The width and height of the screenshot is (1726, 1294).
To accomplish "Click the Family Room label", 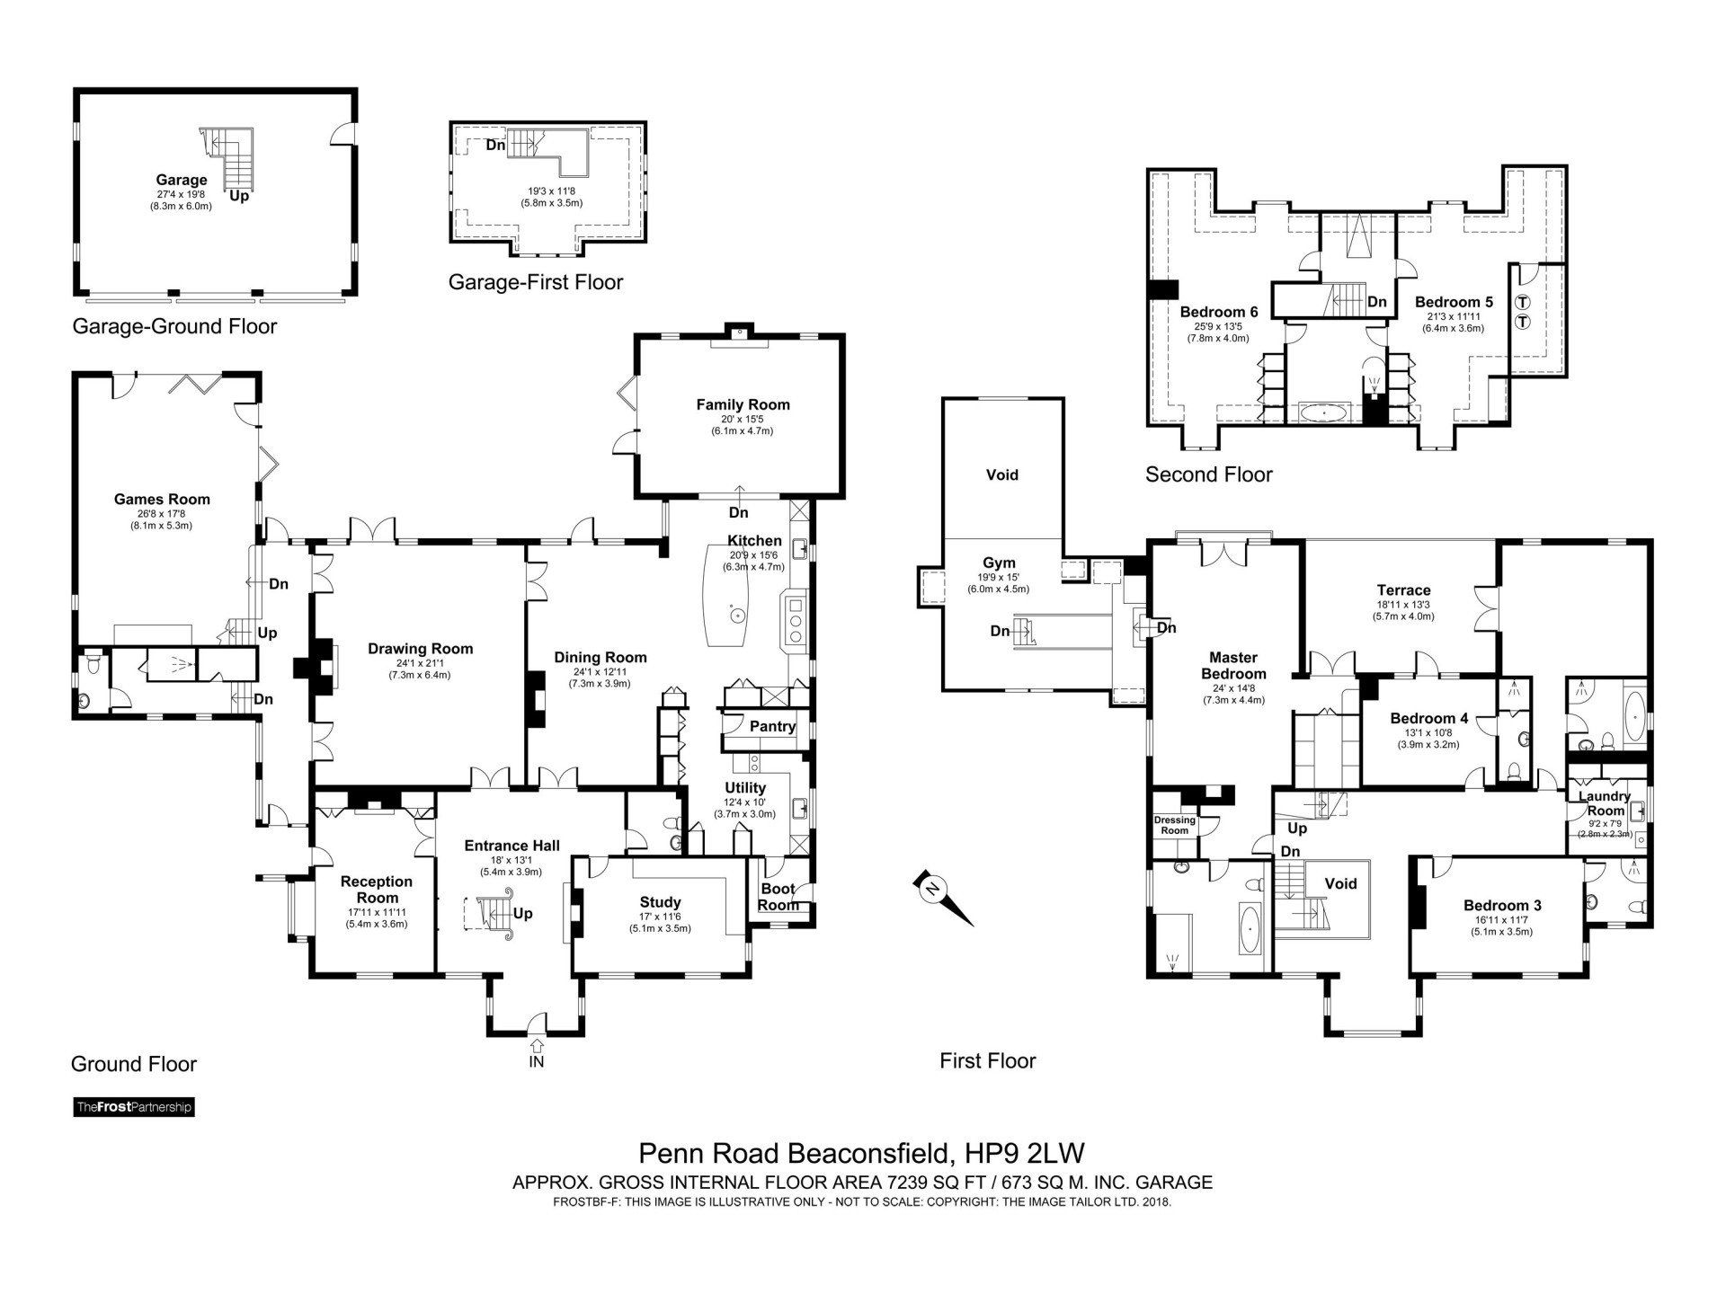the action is click(x=743, y=404).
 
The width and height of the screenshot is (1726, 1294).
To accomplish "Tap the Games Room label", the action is click(x=162, y=500).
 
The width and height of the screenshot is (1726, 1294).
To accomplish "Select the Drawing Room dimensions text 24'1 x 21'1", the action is click(x=420, y=663).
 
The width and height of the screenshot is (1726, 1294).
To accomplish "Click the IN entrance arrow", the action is click(x=537, y=1046).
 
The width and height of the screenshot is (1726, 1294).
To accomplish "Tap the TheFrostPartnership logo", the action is click(x=134, y=1107).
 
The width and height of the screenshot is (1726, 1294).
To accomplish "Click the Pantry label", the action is click(x=772, y=726).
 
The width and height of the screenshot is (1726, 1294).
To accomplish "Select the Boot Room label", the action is click(x=778, y=897).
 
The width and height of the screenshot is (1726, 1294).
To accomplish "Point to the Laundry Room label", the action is click(x=1605, y=803).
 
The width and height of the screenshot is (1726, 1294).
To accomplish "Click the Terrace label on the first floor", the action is click(x=1403, y=590).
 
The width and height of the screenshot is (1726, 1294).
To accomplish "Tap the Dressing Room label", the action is click(x=1175, y=825).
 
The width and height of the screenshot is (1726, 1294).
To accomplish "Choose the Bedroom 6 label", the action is click(x=1218, y=312).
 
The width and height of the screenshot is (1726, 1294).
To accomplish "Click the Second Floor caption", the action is click(x=1208, y=474).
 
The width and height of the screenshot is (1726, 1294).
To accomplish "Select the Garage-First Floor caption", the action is click(x=536, y=282).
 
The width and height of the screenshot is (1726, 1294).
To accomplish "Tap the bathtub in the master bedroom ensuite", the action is click(x=1250, y=930).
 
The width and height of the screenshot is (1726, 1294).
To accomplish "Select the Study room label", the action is click(x=660, y=902).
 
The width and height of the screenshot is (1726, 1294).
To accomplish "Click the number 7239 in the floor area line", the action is click(x=840, y=1183).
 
